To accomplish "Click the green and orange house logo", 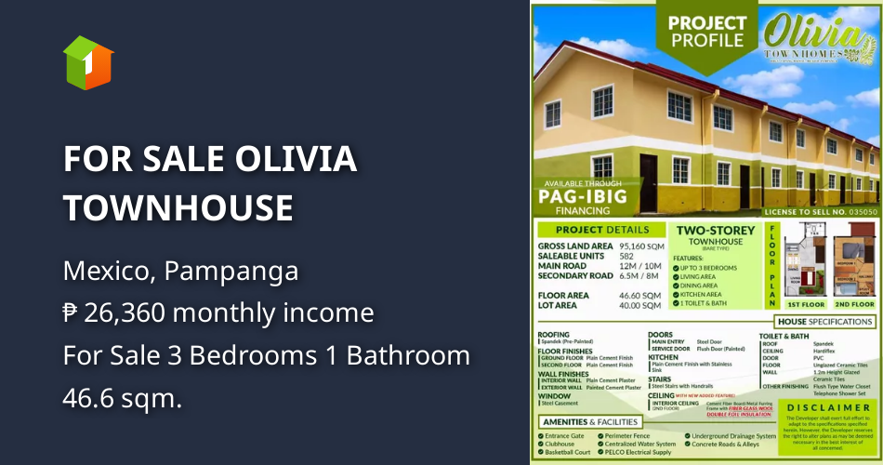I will coord(88,63).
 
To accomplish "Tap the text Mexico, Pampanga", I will coord(180,272).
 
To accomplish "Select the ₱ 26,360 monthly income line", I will coord(218,312).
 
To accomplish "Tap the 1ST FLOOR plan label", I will coord(806,304).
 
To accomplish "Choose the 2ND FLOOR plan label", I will coord(853,304).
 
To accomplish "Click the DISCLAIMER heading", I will coord(829,407).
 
